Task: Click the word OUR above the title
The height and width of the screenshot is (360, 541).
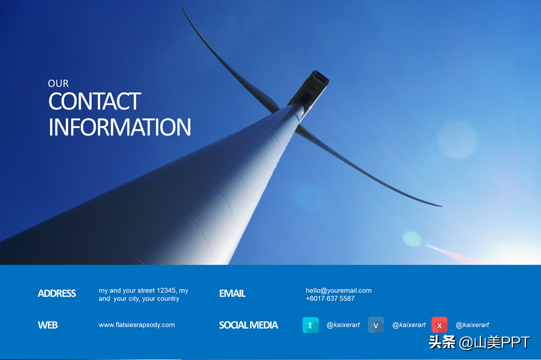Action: point(58,83)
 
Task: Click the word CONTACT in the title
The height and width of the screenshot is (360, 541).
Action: point(94,101)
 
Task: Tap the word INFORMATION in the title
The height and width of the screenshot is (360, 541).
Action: point(119,127)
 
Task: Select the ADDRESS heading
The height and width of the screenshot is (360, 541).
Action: point(57,293)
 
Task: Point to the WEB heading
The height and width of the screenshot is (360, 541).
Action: point(47,325)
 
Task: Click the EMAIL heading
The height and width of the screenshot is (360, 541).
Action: point(232,293)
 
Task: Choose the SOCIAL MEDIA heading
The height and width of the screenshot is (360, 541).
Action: point(248,325)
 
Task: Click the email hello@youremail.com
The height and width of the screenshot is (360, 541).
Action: point(338,290)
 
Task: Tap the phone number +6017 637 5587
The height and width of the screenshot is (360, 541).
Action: point(330,298)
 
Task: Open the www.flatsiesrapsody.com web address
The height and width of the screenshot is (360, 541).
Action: point(136,325)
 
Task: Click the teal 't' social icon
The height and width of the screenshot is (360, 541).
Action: point(310,325)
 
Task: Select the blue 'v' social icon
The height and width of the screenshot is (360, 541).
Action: point(375,325)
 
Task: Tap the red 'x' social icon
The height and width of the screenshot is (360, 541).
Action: point(439,325)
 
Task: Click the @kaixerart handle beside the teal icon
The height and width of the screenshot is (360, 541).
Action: point(343,325)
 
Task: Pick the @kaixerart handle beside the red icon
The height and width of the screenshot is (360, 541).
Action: point(472,325)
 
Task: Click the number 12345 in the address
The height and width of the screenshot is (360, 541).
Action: point(166,290)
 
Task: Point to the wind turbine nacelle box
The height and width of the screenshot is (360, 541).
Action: point(309,88)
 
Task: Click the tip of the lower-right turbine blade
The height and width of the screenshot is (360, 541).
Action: point(441,206)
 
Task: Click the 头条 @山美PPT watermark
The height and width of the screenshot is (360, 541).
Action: point(479,342)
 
